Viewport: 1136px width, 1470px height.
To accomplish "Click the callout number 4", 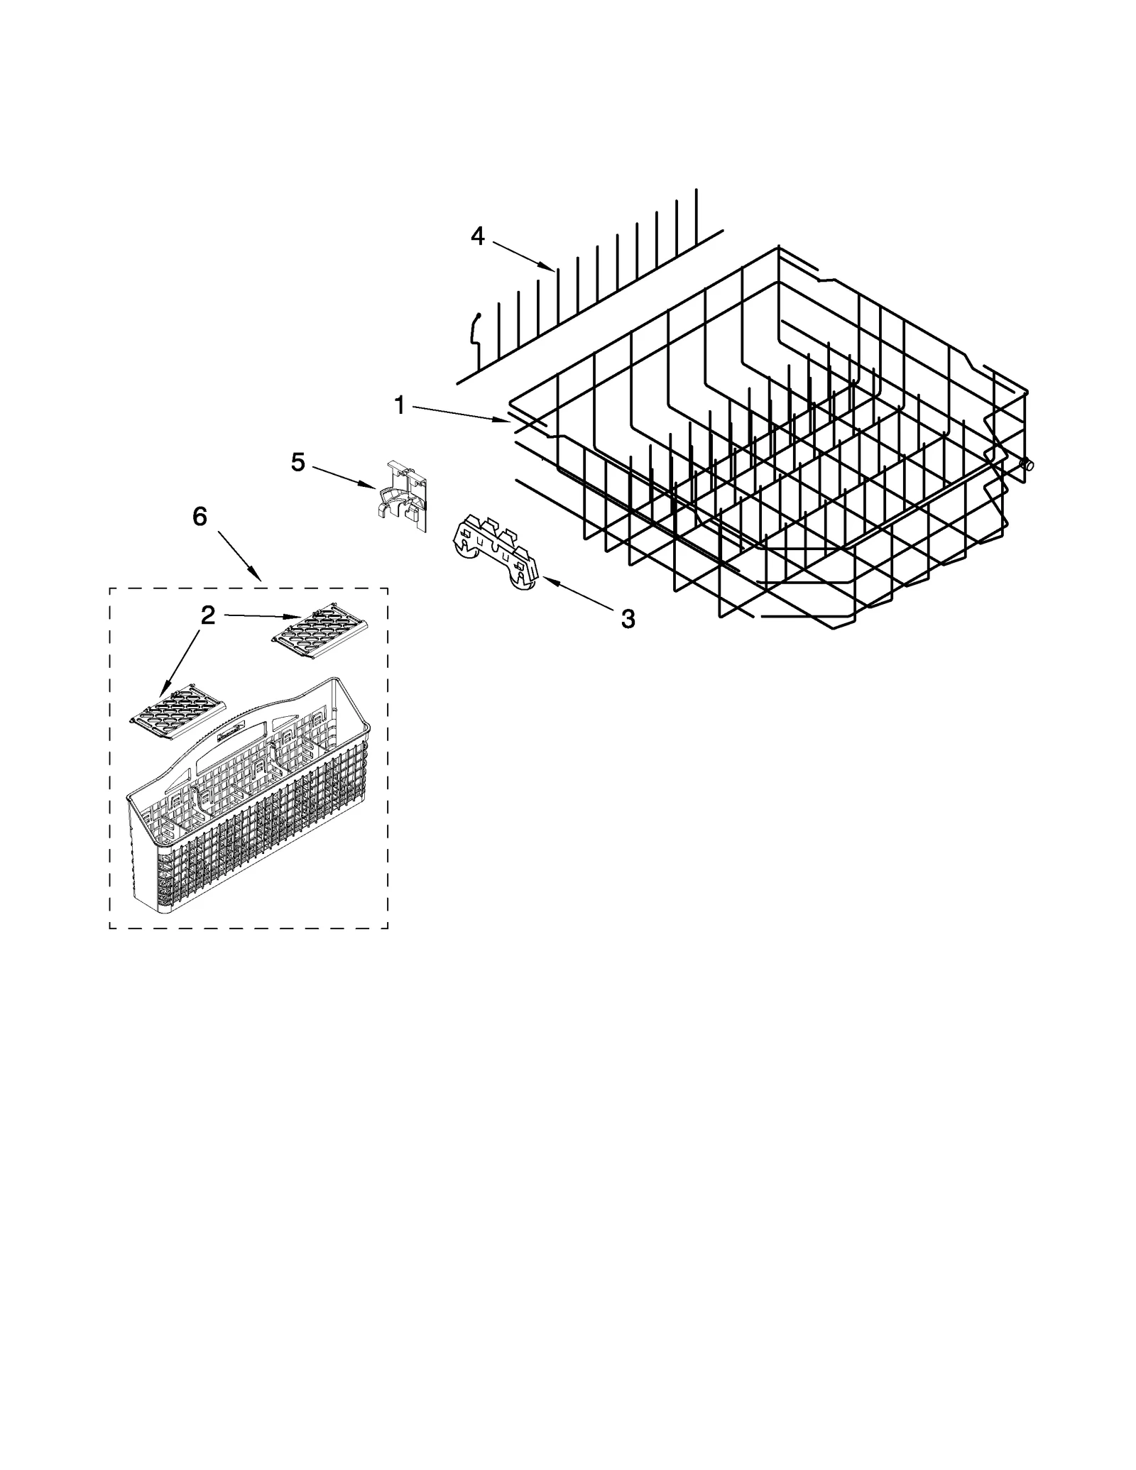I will click(477, 236).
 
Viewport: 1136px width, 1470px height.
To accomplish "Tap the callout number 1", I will click(399, 406).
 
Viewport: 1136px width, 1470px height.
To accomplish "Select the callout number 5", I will click(298, 463).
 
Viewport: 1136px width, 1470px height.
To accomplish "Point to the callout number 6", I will click(200, 517).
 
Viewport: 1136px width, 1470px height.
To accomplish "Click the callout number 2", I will click(207, 615).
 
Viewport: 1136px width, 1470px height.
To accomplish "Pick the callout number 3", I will click(628, 619).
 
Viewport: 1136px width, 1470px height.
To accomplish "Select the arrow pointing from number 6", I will click(237, 554).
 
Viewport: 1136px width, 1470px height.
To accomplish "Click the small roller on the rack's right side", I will click(1027, 465).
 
